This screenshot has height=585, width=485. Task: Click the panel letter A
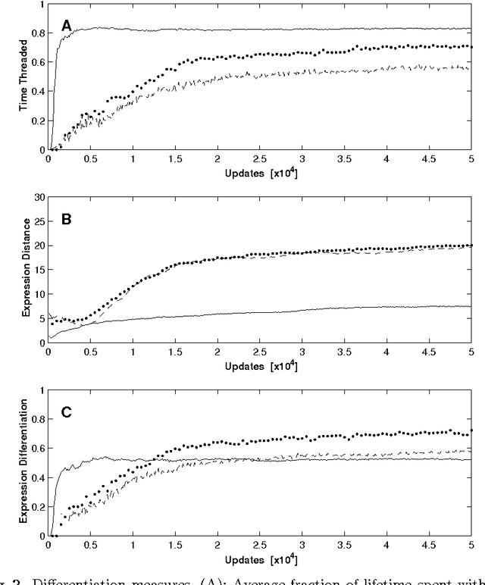(x=67, y=27)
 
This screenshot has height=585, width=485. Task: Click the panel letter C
(x=67, y=413)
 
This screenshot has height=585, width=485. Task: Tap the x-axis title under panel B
(x=260, y=366)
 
